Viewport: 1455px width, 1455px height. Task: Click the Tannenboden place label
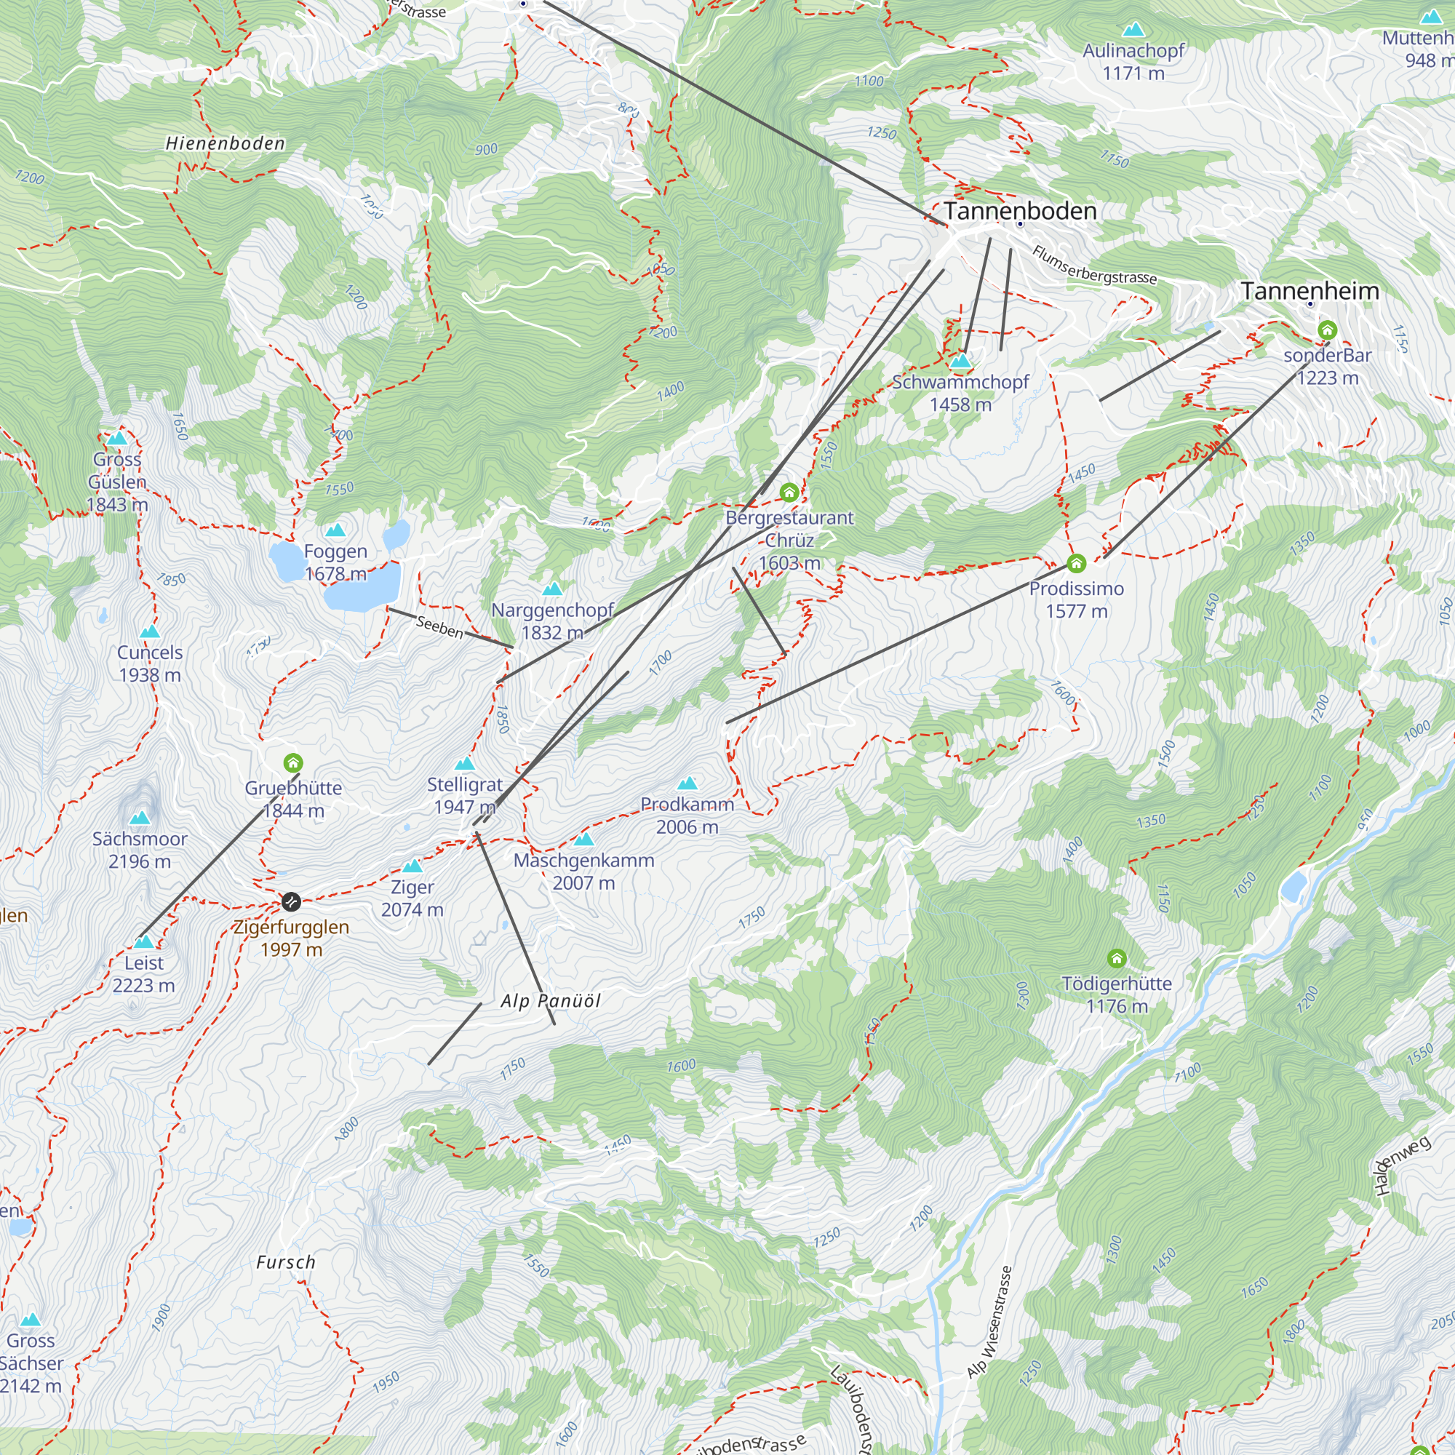(x=1020, y=211)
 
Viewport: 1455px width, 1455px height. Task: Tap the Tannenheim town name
(x=1309, y=291)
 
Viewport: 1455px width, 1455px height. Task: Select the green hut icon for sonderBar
(x=1327, y=330)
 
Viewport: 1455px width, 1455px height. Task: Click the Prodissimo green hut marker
(x=1076, y=563)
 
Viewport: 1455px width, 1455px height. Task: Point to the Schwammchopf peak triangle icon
(x=960, y=362)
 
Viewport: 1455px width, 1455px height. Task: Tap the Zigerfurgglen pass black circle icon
(x=292, y=901)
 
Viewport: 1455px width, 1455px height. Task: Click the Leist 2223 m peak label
(x=143, y=974)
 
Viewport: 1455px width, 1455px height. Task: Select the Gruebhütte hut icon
(x=293, y=764)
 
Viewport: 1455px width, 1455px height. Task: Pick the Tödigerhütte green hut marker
(x=1117, y=959)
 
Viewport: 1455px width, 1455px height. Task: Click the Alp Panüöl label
(x=551, y=1001)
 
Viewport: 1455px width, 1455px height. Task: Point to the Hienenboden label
(x=226, y=144)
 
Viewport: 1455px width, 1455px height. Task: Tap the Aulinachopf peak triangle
(x=1133, y=30)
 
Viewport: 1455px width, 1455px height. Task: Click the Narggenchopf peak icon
(x=553, y=589)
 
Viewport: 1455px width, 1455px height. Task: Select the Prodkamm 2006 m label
(x=687, y=816)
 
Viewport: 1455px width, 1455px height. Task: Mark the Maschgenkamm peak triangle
(x=584, y=839)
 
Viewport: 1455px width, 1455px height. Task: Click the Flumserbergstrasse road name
(x=1093, y=265)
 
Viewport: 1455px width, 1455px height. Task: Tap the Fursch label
(x=285, y=1262)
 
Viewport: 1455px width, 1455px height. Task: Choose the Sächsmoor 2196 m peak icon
(x=140, y=818)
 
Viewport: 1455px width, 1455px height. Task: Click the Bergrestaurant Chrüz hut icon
(x=789, y=493)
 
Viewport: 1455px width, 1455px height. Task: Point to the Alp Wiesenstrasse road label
(x=990, y=1322)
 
